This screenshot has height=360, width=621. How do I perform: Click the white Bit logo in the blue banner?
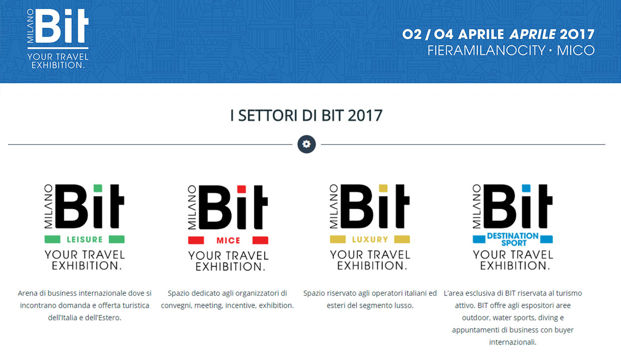(58, 39)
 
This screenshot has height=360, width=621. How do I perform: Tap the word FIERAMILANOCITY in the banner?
(486, 50)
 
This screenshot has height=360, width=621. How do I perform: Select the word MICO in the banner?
(576, 50)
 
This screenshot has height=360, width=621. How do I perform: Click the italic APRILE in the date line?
(533, 34)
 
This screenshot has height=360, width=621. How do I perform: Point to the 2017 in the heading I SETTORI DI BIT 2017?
(365, 115)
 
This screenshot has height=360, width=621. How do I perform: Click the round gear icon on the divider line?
(306, 144)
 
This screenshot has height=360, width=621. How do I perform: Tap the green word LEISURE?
(84, 239)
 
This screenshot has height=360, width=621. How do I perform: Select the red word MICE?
(228, 241)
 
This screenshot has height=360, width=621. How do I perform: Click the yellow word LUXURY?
(370, 239)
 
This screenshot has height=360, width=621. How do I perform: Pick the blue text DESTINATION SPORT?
(513, 239)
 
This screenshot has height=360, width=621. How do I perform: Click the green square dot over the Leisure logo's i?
(98, 188)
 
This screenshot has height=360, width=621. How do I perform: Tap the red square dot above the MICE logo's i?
(242, 189)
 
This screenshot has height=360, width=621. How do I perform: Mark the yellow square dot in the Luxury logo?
(383, 188)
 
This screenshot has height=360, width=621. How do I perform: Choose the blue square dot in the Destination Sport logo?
(526, 188)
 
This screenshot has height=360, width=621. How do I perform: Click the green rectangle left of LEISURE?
(52, 239)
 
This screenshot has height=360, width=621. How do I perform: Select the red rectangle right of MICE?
(260, 241)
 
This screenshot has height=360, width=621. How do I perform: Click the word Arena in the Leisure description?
(28, 293)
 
